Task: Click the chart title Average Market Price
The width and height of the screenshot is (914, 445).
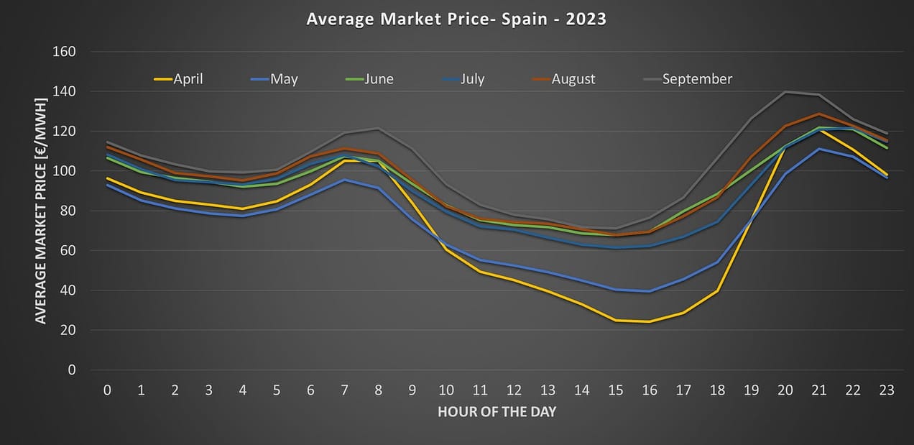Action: (456, 19)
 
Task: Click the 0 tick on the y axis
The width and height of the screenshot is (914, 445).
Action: (71, 370)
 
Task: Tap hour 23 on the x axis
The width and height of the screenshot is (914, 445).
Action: (887, 390)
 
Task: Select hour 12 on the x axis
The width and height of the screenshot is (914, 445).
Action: (514, 390)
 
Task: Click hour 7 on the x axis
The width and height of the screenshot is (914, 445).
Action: (345, 390)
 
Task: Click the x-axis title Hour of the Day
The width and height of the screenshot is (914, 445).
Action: (497, 412)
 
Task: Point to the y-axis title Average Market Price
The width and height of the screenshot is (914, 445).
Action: (41, 211)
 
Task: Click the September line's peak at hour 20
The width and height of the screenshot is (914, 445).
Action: (785, 92)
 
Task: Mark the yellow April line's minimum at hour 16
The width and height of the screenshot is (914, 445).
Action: (650, 321)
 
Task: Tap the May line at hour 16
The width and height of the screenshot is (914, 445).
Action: (650, 291)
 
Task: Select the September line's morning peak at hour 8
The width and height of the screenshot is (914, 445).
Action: (379, 129)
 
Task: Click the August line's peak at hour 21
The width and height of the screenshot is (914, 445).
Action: (818, 114)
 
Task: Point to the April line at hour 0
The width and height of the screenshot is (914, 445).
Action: (108, 178)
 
